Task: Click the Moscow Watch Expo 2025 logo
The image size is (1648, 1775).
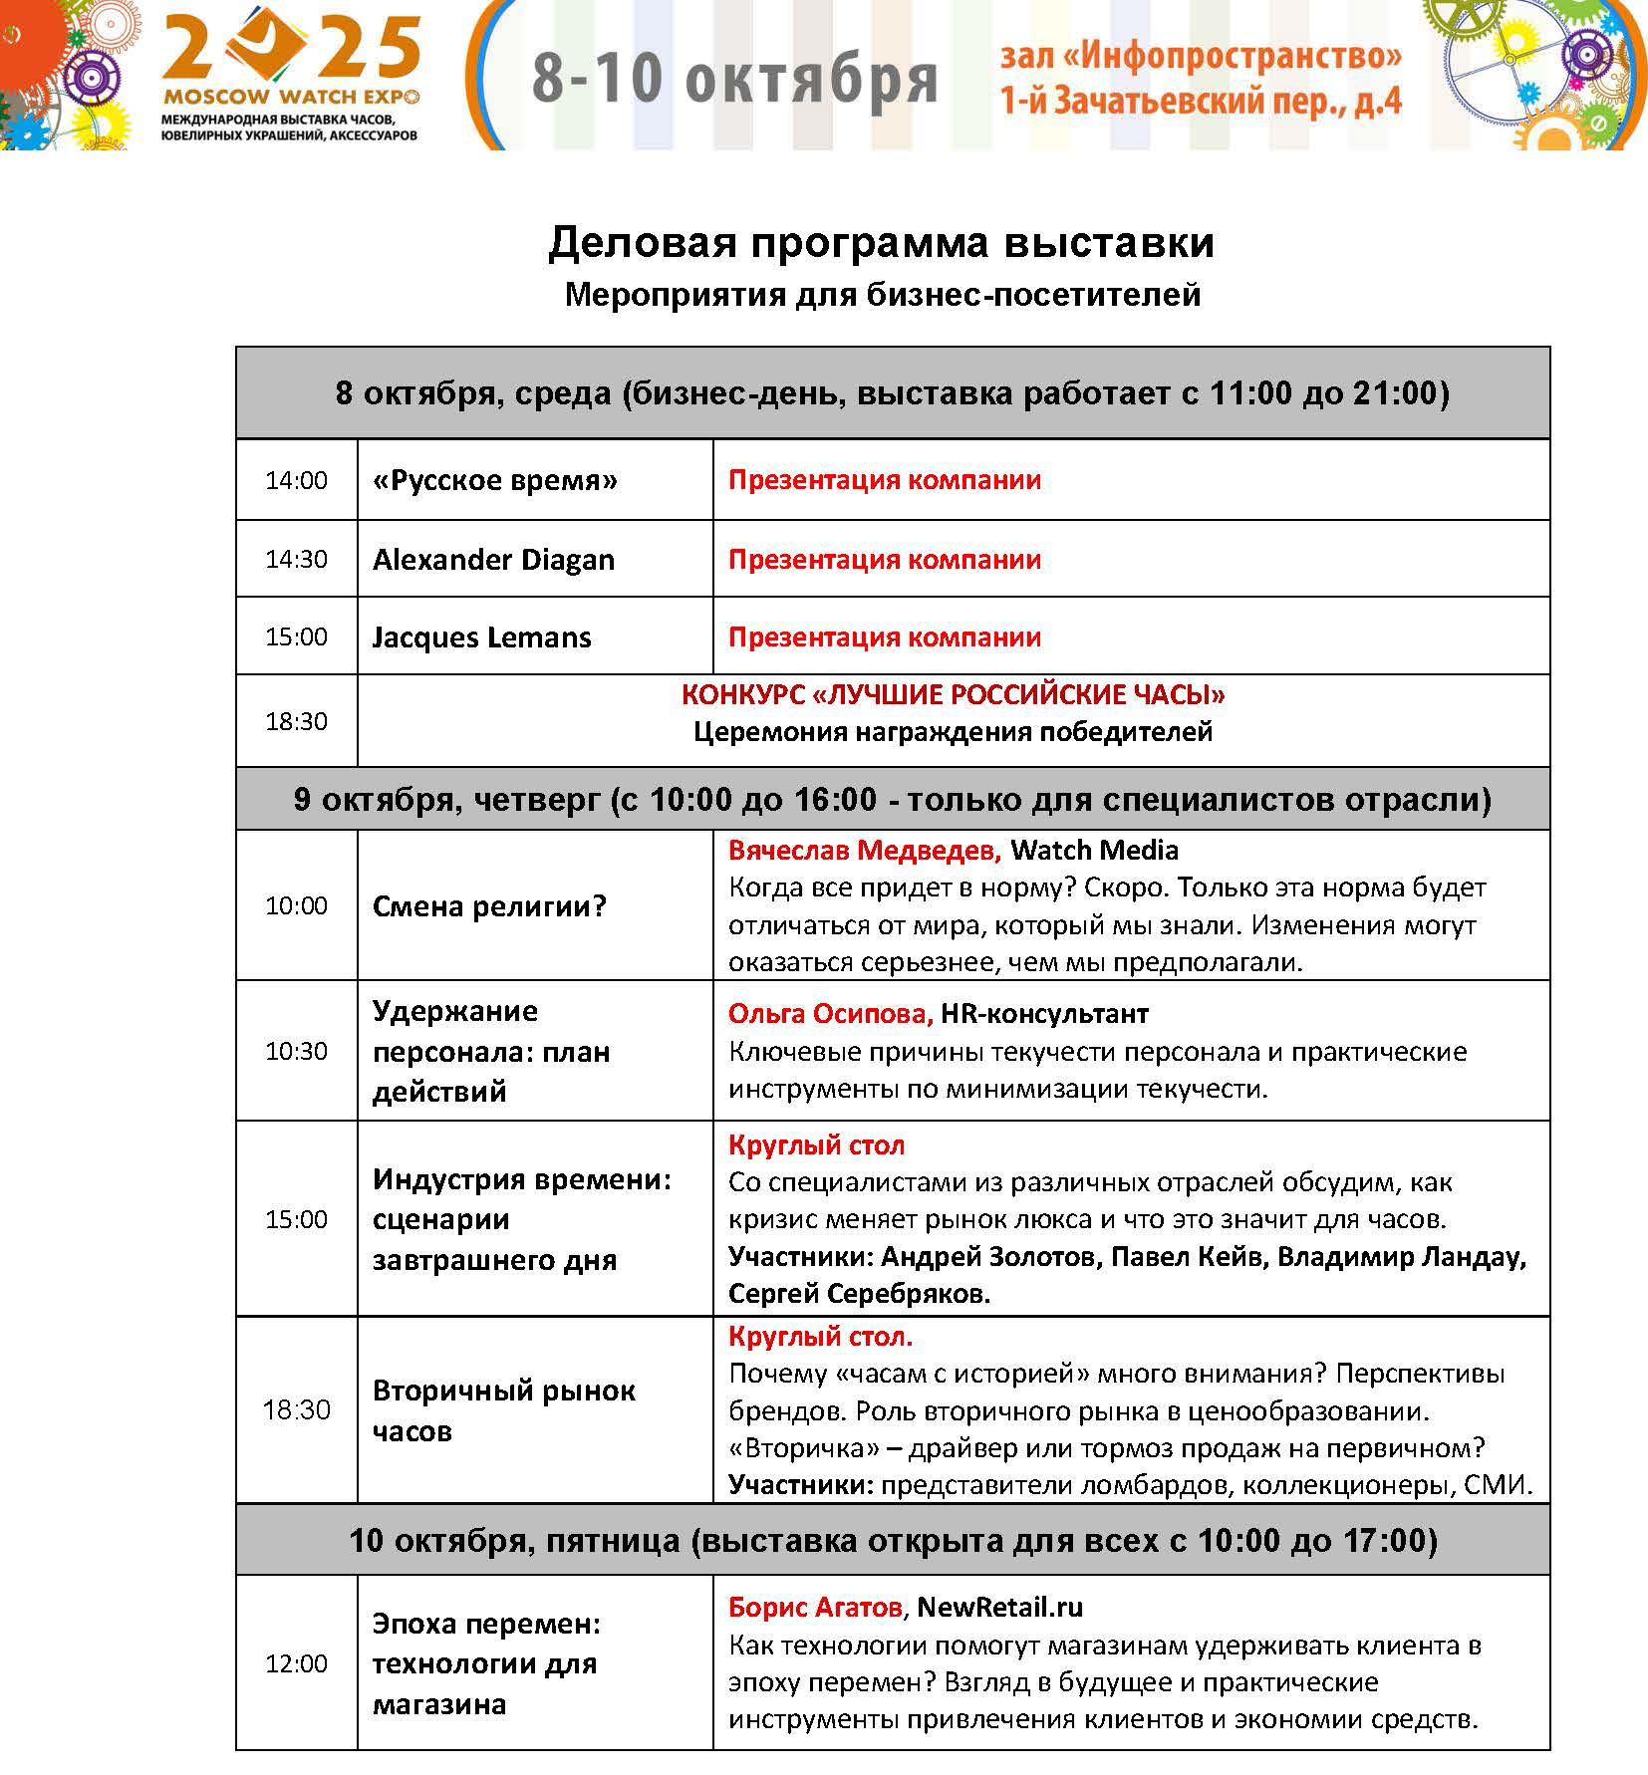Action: (290, 75)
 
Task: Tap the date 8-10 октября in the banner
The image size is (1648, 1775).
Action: (734, 79)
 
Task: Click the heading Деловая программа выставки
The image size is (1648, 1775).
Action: (881, 242)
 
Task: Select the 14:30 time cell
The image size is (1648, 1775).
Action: (296, 559)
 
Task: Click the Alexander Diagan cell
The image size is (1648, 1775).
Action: (493, 560)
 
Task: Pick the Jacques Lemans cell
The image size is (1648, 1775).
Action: (481, 637)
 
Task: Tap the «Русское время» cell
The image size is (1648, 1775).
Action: (494, 481)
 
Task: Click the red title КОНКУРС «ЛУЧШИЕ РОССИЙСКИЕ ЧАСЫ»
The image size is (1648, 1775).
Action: (953, 695)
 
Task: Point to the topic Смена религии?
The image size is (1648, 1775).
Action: (489, 906)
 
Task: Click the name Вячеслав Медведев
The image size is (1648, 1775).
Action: (864, 851)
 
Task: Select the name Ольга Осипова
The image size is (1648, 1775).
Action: (830, 1014)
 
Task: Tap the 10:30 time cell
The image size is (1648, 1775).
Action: (296, 1051)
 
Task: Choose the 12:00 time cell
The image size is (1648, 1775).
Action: (296, 1663)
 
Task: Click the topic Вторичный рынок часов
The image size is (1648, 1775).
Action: (503, 1410)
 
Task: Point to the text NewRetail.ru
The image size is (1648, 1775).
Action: (999, 1607)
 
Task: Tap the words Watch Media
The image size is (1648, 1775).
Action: (1094, 851)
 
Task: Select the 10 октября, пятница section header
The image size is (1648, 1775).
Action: (893, 1541)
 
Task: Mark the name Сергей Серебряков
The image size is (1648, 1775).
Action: (859, 1294)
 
